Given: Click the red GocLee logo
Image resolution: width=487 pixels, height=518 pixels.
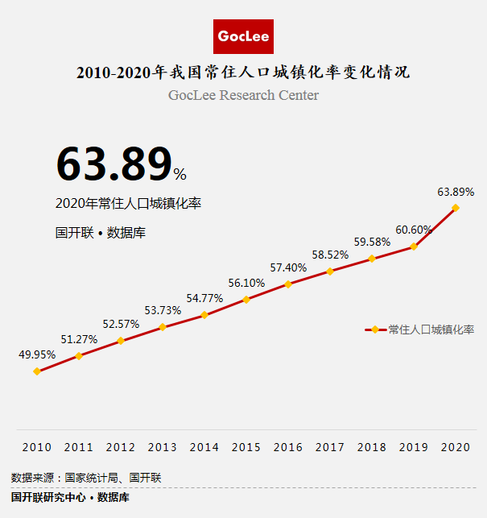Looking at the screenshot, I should (x=244, y=36).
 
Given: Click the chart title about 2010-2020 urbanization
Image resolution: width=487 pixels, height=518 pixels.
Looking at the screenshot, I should (x=243, y=73).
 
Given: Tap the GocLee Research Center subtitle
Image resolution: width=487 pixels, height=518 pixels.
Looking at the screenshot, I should (x=243, y=95).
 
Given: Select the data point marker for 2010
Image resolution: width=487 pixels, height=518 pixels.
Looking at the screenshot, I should (x=37, y=371).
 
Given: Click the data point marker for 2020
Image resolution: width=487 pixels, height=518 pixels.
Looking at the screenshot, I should (x=456, y=208).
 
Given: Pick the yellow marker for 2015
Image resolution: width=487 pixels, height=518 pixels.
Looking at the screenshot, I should (x=246, y=299).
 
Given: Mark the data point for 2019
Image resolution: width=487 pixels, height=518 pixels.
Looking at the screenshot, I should (x=414, y=247).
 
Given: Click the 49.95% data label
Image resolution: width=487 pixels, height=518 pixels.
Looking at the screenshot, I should (x=37, y=354).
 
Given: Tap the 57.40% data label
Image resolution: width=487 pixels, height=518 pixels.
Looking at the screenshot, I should (x=288, y=267).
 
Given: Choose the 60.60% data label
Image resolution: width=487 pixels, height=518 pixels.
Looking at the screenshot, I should (x=414, y=230).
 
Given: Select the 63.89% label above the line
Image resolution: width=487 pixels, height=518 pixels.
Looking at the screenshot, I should (x=456, y=192).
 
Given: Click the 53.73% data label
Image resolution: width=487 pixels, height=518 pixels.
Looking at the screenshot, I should (x=163, y=310).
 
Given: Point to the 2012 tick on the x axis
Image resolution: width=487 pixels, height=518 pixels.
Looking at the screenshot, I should (x=121, y=447).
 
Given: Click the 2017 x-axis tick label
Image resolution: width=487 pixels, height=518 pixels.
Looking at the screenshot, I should (x=330, y=447).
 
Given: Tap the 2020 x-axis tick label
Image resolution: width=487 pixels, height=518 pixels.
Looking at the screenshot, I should (x=456, y=447).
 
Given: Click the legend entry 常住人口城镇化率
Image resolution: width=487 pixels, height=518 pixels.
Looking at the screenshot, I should (x=431, y=329).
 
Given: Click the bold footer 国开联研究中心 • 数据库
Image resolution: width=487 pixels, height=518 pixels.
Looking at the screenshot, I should (x=70, y=497).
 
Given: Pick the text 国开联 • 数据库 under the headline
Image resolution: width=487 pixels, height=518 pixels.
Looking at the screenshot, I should (x=100, y=233).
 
